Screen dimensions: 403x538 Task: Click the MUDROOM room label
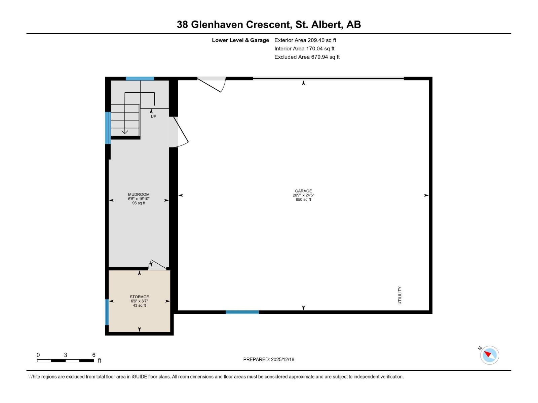pos(139,194)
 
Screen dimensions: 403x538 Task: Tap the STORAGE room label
pos(139,297)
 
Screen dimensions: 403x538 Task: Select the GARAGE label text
pos(303,191)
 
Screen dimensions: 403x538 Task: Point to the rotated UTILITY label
pos(400,296)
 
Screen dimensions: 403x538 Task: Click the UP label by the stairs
pos(153,117)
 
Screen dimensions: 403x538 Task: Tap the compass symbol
pos(489,355)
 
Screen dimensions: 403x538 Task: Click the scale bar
pos(66,361)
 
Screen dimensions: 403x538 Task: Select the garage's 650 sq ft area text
pos(303,199)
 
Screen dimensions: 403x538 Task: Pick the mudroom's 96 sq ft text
pos(139,203)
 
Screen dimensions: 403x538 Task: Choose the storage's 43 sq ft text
pos(139,306)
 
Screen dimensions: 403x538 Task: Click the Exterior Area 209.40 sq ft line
pos(305,40)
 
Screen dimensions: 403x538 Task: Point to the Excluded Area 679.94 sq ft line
pos(307,57)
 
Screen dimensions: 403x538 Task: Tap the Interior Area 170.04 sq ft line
pos(304,49)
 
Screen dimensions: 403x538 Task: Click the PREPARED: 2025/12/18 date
pos(269,359)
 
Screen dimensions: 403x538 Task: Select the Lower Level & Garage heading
pos(240,40)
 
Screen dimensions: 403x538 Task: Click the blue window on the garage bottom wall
pos(242,312)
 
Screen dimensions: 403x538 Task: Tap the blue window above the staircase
pos(140,79)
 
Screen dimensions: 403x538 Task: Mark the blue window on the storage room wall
pos(107,312)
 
